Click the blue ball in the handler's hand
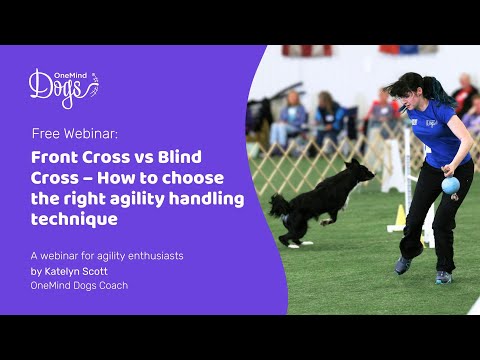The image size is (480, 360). pos(450,185)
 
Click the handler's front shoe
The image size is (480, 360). pos(402,265)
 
